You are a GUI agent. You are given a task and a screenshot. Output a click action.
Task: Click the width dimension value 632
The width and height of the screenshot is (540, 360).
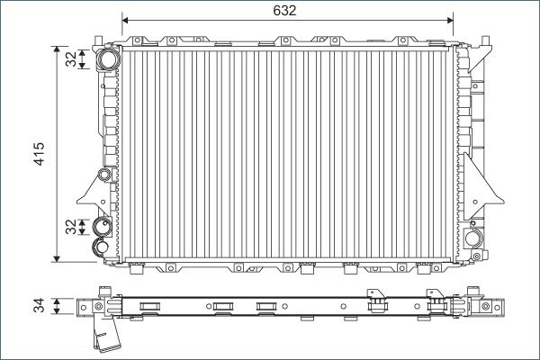[284, 11]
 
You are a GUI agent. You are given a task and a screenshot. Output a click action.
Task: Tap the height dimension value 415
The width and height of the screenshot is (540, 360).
[39, 154]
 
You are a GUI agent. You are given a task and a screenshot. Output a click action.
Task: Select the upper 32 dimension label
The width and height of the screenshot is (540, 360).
[71, 58]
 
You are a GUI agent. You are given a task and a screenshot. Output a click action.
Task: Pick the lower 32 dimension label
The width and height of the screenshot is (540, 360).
[71, 227]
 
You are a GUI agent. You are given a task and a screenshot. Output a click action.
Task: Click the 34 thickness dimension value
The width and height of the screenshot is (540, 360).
[39, 306]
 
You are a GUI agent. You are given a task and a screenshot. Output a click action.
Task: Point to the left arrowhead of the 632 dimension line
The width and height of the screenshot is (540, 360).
[125, 21]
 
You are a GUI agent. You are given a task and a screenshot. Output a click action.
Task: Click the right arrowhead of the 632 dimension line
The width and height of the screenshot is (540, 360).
[450, 21]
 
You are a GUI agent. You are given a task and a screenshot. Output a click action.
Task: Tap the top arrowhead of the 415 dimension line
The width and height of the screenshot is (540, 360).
[58, 49]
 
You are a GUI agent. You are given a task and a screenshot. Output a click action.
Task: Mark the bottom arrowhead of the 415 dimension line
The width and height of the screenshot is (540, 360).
[58, 258]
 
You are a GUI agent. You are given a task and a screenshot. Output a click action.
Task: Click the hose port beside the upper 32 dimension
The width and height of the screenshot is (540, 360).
[108, 59]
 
